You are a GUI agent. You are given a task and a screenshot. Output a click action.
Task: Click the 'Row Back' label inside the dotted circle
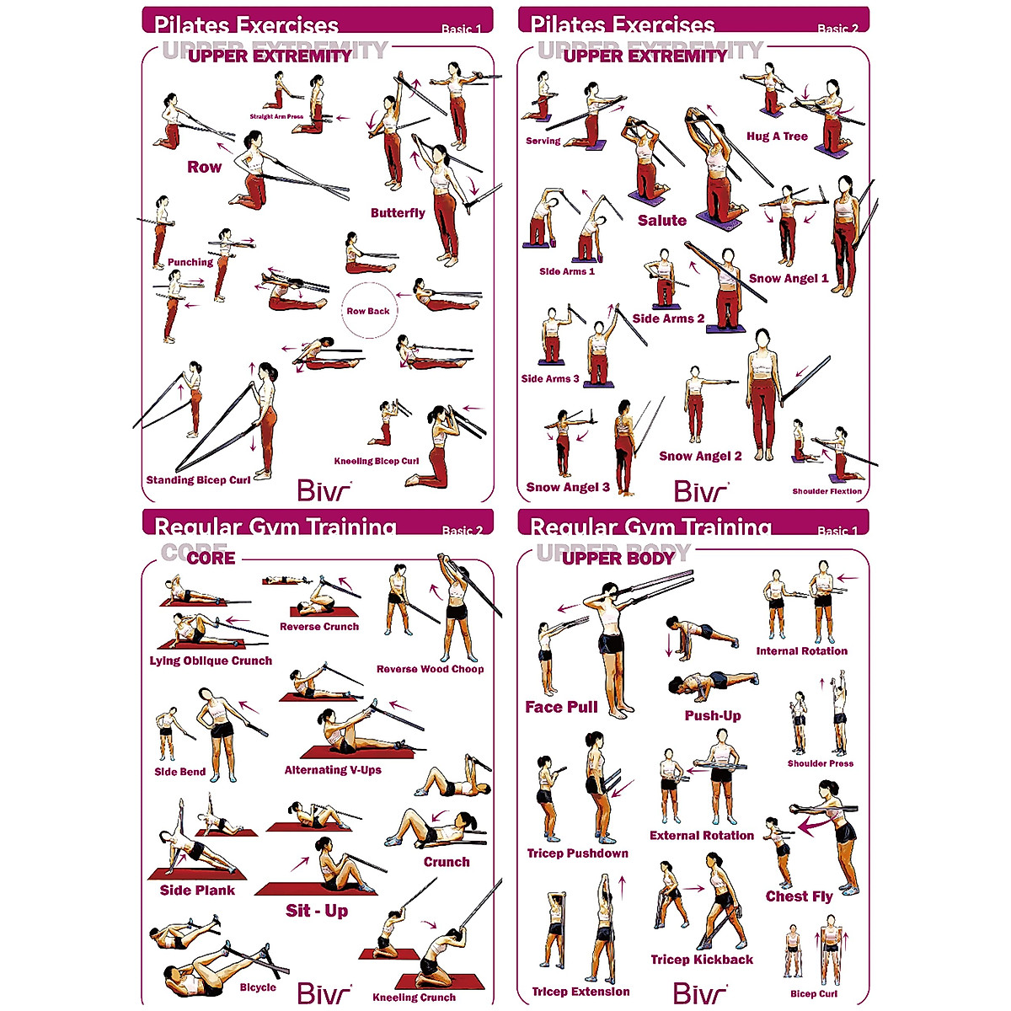(x=368, y=311)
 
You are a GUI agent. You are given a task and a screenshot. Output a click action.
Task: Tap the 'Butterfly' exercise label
(x=398, y=213)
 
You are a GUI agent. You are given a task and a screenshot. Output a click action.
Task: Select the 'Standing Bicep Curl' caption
(x=198, y=480)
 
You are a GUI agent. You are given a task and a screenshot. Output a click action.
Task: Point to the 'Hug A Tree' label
(x=777, y=136)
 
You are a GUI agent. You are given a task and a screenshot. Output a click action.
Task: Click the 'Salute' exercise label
(x=661, y=221)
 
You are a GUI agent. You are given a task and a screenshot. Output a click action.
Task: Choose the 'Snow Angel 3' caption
(x=568, y=487)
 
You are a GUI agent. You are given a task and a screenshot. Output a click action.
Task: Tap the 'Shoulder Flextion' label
(x=826, y=491)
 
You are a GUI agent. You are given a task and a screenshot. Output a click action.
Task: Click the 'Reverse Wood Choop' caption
(x=430, y=669)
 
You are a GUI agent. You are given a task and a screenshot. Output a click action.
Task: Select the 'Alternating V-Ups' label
(x=333, y=770)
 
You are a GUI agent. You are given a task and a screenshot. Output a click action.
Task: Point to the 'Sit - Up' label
(x=317, y=911)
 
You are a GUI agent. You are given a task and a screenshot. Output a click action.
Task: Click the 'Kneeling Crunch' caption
(x=414, y=998)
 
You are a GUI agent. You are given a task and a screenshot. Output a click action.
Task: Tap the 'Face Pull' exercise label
(x=561, y=707)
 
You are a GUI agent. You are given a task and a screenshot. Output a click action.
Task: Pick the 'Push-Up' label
(x=713, y=716)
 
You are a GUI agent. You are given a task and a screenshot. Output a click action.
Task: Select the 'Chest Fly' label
(x=799, y=896)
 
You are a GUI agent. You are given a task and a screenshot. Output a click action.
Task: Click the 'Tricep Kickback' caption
(x=702, y=960)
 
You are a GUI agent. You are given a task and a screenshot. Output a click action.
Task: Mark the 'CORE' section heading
(x=211, y=558)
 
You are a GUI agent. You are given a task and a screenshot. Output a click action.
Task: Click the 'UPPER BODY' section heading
(x=618, y=558)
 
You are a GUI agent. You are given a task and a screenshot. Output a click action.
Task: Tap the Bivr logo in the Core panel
(x=324, y=993)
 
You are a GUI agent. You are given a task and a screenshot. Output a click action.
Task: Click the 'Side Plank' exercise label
(x=197, y=891)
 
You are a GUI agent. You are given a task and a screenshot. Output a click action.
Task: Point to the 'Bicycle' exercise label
(x=258, y=987)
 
